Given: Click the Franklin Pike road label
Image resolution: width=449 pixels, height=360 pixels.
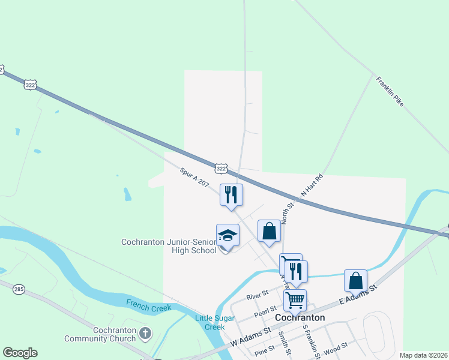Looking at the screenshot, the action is (x=390, y=91).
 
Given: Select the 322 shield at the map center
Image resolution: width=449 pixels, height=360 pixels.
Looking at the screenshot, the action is (x=221, y=169).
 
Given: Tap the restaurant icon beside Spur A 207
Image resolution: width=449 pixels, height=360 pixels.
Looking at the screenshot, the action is (x=231, y=194).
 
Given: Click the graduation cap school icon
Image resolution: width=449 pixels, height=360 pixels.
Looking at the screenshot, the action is (x=228, y=235).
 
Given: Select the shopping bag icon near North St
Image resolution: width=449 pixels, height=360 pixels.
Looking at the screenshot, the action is (x=269, y=231).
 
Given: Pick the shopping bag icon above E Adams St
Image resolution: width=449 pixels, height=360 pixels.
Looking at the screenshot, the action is (x=355, y=280).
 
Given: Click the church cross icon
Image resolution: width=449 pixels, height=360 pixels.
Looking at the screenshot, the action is (x=145, y=332).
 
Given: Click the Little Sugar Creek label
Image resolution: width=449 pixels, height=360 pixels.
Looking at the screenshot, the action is (x=209, y=322).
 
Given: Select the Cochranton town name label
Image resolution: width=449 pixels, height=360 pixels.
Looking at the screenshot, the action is (x=300, y=317).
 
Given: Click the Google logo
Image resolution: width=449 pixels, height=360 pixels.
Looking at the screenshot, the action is (x=20, y=353).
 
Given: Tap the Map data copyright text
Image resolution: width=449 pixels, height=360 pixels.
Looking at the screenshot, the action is (x=423, y=355).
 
